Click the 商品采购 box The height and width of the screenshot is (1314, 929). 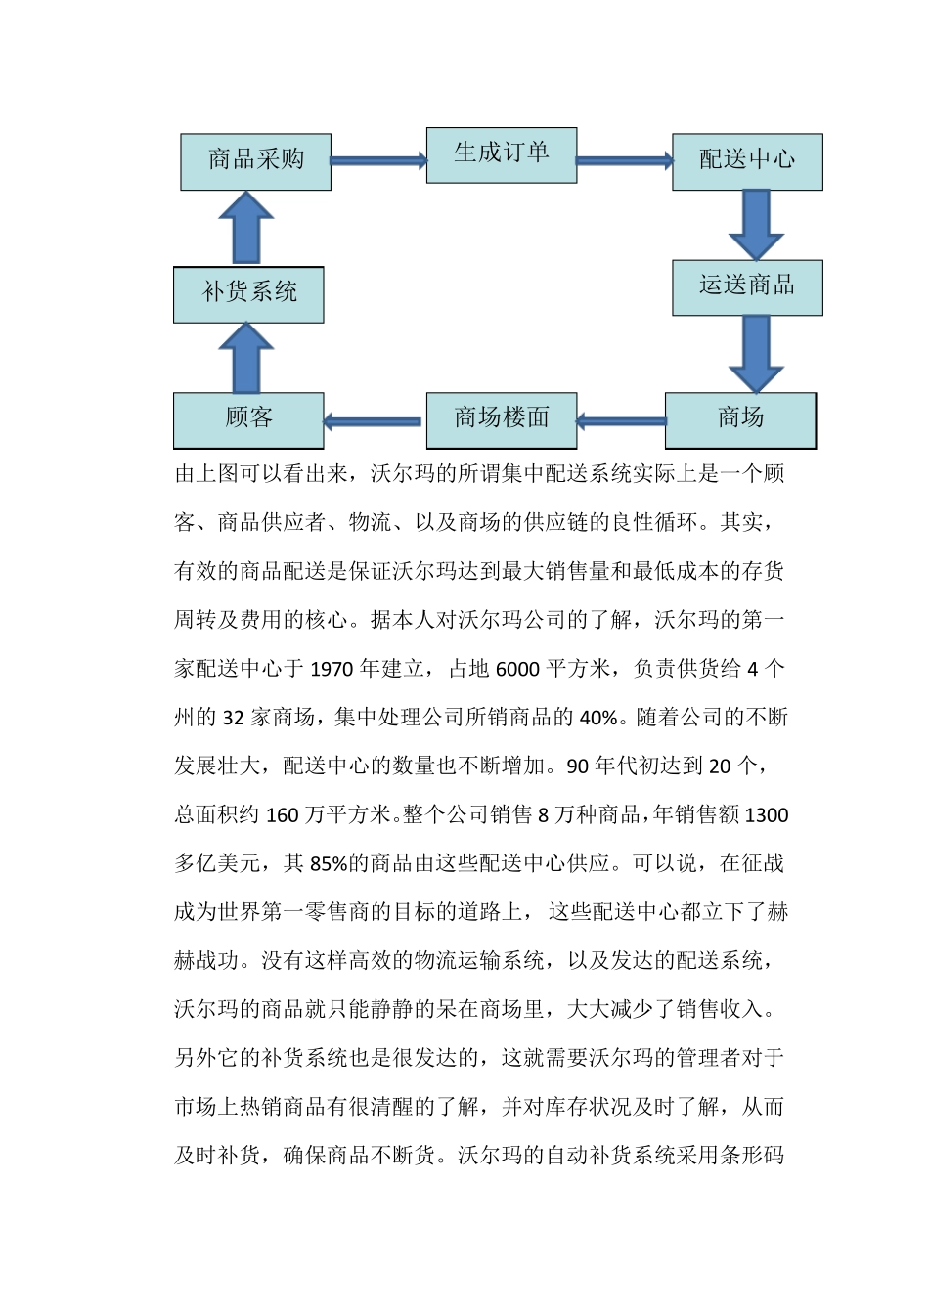pyautogui.click(x=255, y=161)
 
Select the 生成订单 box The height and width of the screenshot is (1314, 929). pyautogui.click(x=501, y=154)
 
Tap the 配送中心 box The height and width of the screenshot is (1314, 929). pyautogui.click(x=747, y=161)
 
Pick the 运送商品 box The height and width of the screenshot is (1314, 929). pyautogui.click(x=747, y=286)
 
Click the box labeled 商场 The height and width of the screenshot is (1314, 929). pyautogui.click(x=740, y=420)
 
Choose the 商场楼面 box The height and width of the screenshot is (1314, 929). pyautogui.click(x=501, y=420)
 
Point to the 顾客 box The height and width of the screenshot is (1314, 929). pyautogui.click(x=248, y=420)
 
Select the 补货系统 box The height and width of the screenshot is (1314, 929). pyautogui.click(x=248, y=293)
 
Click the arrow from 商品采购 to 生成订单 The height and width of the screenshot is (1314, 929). pyautogui.click(x=378, y=160)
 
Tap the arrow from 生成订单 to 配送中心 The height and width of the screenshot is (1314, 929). pyautogui.click(x=624, y=160)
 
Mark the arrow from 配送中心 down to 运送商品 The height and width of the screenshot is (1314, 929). pyautogui.click(x=756, y=224)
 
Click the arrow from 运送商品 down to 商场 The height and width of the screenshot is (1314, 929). pyautogui.click(x=756, y=353)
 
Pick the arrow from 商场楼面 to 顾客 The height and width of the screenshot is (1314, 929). pyautogui.click(x=375, y=421)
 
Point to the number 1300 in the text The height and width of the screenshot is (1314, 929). pyautogui.click(x=767, y=815)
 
